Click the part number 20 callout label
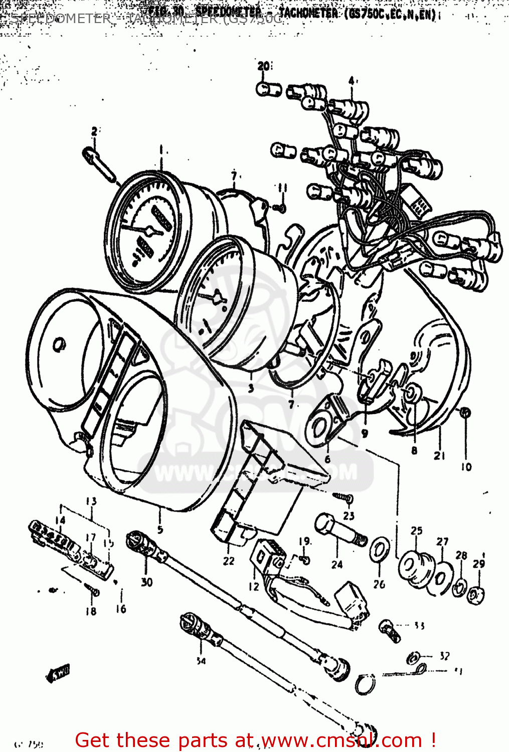[264, 66]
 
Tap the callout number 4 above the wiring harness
[351, 81]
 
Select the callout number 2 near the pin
[94, 132]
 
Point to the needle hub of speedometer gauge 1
[148, 231]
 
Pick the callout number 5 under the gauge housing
[160, 529]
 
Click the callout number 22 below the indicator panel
[229, 561]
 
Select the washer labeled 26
[379, 551]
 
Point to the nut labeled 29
[476, 595]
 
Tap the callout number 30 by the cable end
[146, 582]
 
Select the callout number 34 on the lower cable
[201, 661]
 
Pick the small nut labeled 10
[465, 413]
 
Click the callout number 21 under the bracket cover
[439, 455]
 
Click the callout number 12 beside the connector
[254, 586]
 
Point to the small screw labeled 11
[281, 207]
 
